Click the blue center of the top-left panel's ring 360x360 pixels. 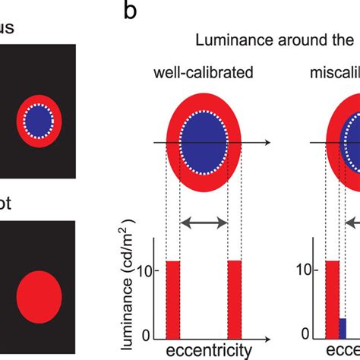pos(39,120)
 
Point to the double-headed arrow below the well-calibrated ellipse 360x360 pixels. pos(204,223)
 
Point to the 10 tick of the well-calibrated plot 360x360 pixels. pos(147,270)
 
